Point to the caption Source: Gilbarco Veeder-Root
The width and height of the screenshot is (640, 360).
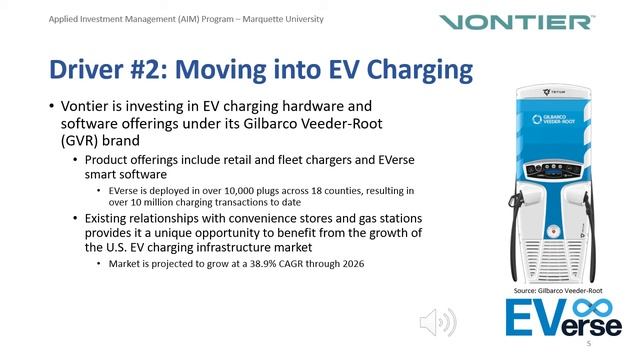click(x=557, y=290)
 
